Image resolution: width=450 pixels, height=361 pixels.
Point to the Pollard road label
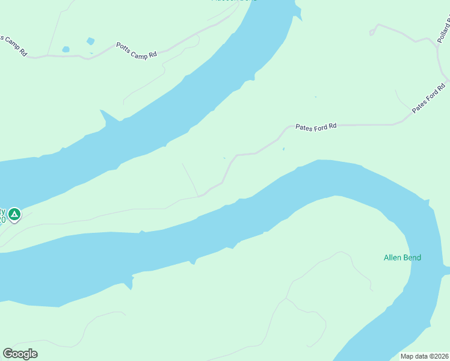444,30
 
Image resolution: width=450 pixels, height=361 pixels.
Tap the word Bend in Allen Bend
412,258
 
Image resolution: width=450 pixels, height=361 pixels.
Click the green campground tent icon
14,214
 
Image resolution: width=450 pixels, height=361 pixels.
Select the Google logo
20,354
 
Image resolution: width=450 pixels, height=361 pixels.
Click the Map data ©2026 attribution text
425,356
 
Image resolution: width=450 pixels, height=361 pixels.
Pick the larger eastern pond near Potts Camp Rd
90,42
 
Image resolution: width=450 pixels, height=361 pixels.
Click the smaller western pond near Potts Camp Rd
66,49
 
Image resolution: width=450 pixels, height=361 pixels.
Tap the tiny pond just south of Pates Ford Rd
283,149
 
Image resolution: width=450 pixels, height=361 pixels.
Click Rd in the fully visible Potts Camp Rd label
153,54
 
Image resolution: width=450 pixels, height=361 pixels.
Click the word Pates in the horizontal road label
303,127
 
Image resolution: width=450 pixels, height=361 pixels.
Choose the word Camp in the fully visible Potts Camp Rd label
139,50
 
